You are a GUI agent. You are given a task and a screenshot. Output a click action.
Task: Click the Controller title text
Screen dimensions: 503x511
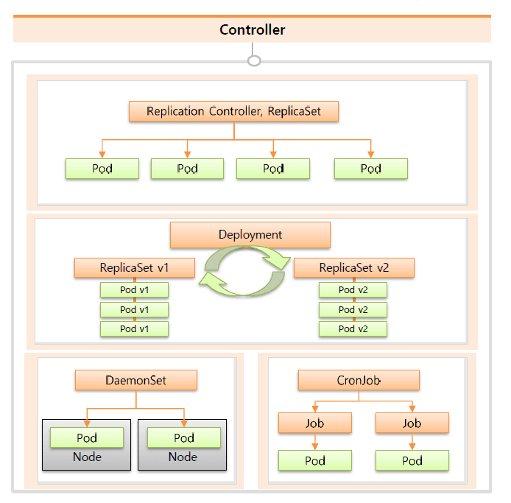pos(252,30)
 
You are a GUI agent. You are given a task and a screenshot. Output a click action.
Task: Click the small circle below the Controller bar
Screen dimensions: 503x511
pos(254,60)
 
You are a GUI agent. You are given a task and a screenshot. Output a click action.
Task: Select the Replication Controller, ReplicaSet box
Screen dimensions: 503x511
pos(233,112)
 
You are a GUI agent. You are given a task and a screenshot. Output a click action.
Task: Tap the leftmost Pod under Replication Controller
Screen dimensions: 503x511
pos(102,169)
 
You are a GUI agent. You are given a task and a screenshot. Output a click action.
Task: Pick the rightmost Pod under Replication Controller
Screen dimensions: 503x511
pos(370,169)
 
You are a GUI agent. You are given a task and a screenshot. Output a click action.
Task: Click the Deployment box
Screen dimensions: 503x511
pos(250,235)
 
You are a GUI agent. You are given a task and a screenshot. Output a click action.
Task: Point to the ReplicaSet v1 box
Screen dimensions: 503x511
pos(135,267)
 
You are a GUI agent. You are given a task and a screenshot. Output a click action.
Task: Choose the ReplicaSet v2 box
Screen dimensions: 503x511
pos(353,267)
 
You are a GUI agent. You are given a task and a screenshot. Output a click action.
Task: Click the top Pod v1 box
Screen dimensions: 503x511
pos(135,289)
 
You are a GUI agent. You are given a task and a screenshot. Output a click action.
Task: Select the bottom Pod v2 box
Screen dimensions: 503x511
pos(353,328)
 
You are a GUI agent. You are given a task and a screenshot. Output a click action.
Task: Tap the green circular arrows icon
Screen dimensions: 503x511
pos(244,270)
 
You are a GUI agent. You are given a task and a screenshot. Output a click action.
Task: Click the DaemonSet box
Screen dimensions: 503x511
pos(136,381)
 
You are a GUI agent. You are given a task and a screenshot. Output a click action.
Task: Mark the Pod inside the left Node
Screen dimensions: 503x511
pos(87,437)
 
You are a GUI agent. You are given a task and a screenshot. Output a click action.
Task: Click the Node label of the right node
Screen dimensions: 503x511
pos(183,457)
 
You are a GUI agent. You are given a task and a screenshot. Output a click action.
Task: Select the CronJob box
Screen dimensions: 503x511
pos(359,381)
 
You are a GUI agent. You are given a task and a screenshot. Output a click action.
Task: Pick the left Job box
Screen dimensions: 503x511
pos(314,423)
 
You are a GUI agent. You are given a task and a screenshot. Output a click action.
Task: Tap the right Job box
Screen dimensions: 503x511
pos(412,423)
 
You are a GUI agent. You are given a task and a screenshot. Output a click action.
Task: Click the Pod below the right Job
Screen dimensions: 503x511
pos(412,461)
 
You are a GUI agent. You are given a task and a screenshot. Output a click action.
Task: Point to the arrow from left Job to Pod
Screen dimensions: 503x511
pos(314,442)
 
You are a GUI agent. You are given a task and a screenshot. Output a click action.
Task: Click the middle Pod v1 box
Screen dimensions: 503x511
pos(135,309)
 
